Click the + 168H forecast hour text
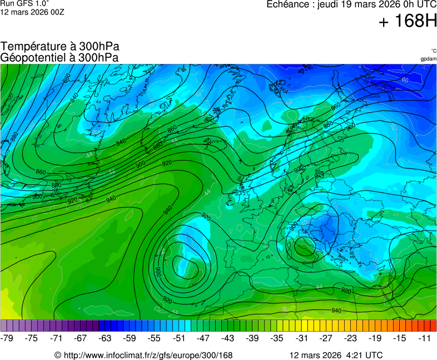tap(407, 22)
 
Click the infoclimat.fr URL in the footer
tap(147, 355)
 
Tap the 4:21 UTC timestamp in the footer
tap(363, 355)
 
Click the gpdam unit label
tap(428, 59)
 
